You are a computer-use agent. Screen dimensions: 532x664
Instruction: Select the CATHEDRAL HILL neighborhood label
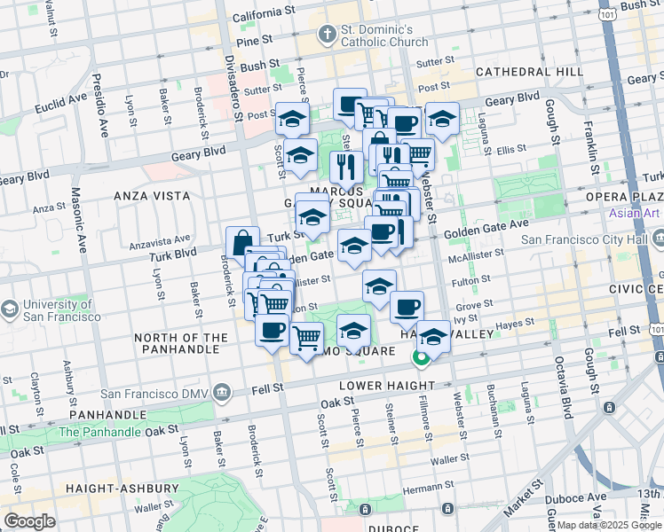(x=528, y=71)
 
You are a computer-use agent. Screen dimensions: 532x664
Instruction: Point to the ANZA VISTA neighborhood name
(x=151, y=195)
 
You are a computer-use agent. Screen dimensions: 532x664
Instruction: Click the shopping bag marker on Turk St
(x=242, y=241)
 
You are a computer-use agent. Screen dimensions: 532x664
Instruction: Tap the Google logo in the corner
(x=29, y=521)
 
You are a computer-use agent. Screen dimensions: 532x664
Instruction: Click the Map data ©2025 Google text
(x=609, y=525)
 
